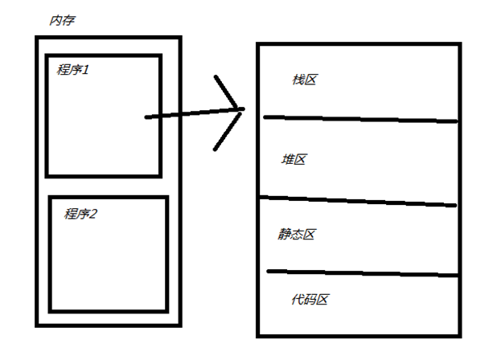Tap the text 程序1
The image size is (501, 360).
click(x=73, y=70)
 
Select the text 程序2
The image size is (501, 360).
click(x=80, y=215)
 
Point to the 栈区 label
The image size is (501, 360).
click(x=305, y=80)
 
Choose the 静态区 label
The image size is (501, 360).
click(x=297, y=234)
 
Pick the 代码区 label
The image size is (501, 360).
click(x=310, y=299)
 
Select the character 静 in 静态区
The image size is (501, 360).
click(x=285, y=234)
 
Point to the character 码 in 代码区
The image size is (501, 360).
click(x=310, y=299)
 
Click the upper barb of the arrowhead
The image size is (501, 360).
click(x=228, y=92)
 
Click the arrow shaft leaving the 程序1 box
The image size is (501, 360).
click(x=185, y=115)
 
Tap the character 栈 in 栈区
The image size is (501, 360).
click(x=298, y=80)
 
